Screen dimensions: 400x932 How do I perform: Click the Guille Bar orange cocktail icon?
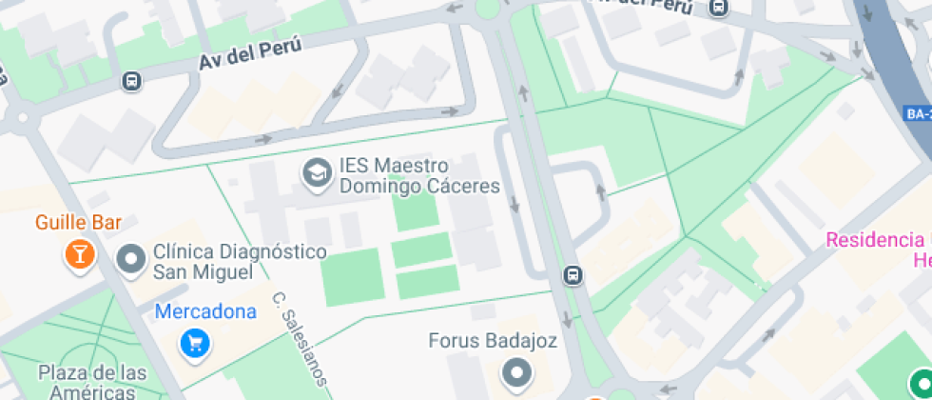click(79, 254)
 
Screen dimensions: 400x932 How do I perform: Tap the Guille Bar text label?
click(79, 223)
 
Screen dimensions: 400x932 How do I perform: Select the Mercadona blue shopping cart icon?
click(195, 342)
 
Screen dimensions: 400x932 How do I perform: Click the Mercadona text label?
click(205, 311)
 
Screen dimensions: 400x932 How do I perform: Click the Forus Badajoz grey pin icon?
click(517, 372)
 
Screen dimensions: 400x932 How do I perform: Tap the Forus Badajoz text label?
click(493, 340)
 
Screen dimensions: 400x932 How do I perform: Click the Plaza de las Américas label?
click(93, 381)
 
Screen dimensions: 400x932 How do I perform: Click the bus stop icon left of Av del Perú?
click(132, 82)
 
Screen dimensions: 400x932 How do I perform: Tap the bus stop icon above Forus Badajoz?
click(573, 275)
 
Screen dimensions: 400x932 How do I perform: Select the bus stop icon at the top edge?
click(719, 8)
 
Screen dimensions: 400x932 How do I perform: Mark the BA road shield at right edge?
click(918, 113)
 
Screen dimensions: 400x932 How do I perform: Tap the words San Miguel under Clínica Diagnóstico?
click(203, 272)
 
